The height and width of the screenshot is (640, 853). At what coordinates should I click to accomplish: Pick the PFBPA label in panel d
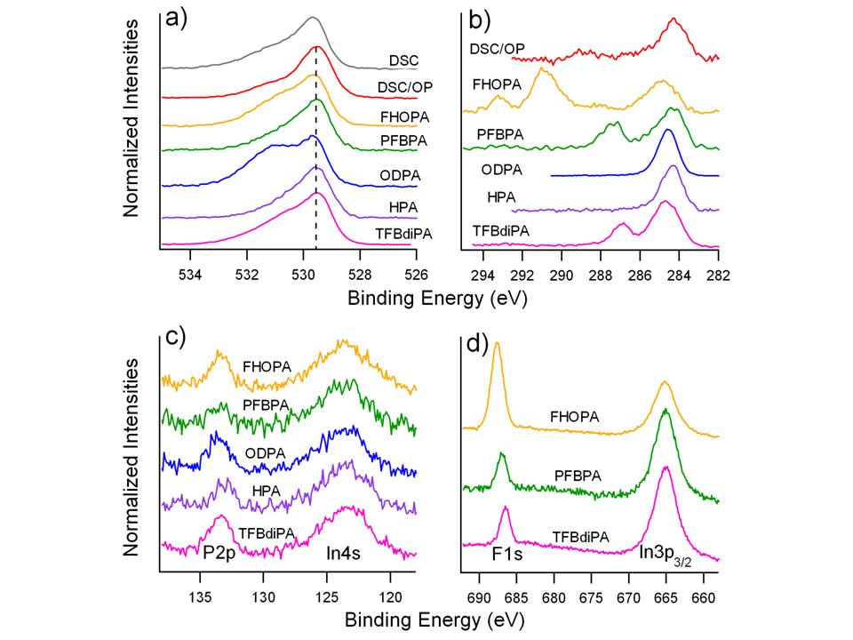[x=578, y=476]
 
